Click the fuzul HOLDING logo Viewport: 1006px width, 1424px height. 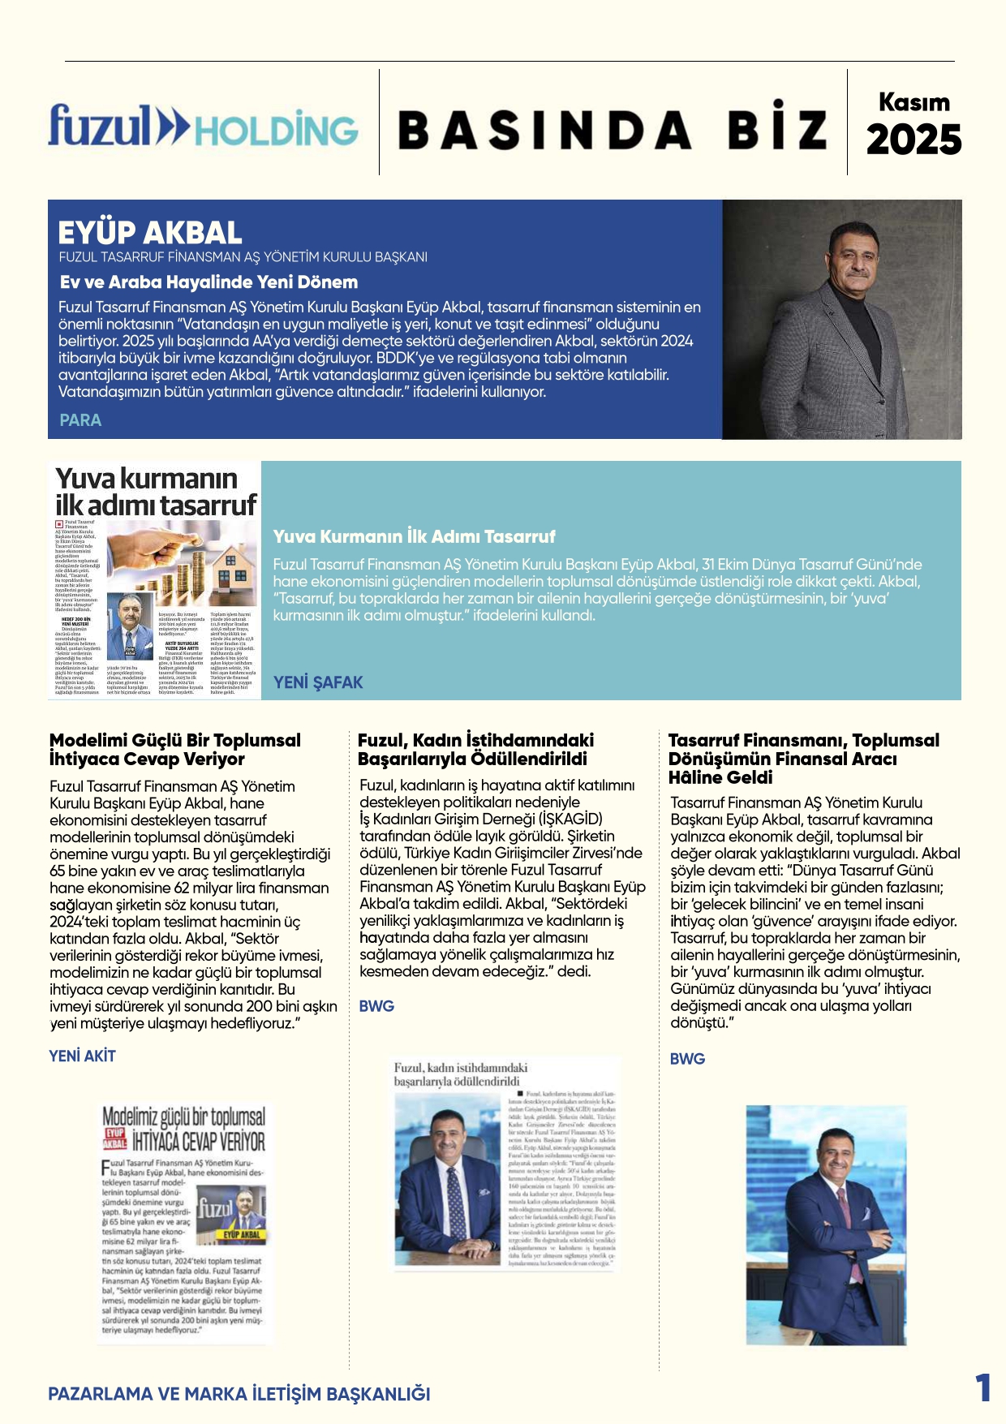(203, 127)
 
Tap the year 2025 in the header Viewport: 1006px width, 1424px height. (914, 140)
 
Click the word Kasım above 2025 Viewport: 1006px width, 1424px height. (914, 102)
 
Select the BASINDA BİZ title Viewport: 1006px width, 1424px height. (613, 130)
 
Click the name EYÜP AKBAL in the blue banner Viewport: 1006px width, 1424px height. (150, 233)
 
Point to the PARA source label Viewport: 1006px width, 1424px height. (80, 420)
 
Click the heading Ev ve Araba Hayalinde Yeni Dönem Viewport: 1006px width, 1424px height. (209, 282)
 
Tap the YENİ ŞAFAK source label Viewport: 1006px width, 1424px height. (318, 682)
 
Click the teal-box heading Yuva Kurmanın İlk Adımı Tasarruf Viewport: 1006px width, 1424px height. (414, 536)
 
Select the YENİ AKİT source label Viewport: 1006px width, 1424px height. (82, 1056)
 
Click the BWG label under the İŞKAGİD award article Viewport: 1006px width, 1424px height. (376, 1006)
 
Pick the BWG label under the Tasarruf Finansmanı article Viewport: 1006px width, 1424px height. (687, 1059)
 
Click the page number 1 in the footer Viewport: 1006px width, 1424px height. (982, 1388)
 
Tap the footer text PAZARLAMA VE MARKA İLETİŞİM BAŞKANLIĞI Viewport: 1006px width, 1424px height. (239, 1394)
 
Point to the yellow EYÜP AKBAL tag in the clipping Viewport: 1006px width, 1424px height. (242, 1234)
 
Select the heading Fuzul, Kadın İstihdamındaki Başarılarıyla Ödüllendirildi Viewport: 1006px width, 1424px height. (475, 750)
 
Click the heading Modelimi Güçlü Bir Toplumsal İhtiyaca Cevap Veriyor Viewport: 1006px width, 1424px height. (174, 750)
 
